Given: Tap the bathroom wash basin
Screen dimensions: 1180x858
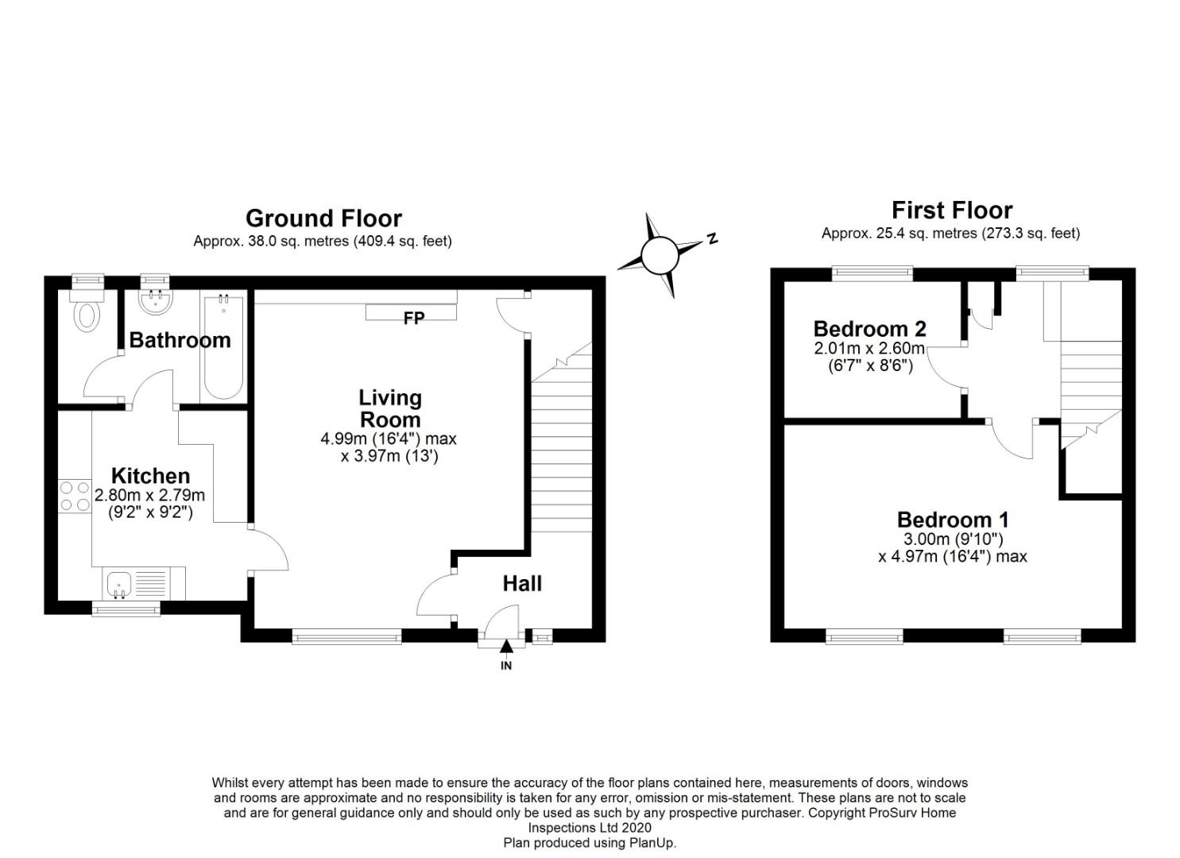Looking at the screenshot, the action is pos(157,301).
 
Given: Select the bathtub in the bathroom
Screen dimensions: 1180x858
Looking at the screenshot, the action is pos(224,347).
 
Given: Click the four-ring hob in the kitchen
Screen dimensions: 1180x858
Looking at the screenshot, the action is pos(75,496).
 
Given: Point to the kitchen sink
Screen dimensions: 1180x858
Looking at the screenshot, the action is pos(119,585).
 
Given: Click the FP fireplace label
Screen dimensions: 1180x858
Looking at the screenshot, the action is pos(413,318).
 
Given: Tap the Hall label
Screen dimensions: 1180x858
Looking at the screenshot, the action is pos(522,583).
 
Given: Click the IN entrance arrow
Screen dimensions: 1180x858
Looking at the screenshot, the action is pos(505,654).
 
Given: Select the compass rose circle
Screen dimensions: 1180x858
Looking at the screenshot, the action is pos(659,256).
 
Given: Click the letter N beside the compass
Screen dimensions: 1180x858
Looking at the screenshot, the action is pos(712,238).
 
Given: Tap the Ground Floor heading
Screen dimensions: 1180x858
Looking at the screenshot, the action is pos(323,218).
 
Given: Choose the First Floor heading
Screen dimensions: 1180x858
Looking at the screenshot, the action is pos(952,211).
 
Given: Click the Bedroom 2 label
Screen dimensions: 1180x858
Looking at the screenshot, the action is pos(870,329).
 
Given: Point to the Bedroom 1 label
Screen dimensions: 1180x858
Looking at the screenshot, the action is pos(953,520).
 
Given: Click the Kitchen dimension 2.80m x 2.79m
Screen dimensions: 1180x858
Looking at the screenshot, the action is pos(149,495).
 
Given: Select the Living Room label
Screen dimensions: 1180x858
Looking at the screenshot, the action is pos(390,408).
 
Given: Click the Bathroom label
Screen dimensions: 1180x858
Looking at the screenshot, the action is pos(180,340).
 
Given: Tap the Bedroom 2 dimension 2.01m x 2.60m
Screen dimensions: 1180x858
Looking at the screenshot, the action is pos(869,348).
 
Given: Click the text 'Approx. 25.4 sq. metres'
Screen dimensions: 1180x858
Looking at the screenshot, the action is pos(900,234).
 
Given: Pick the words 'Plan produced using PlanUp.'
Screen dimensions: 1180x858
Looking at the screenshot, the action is pos(590,843).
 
